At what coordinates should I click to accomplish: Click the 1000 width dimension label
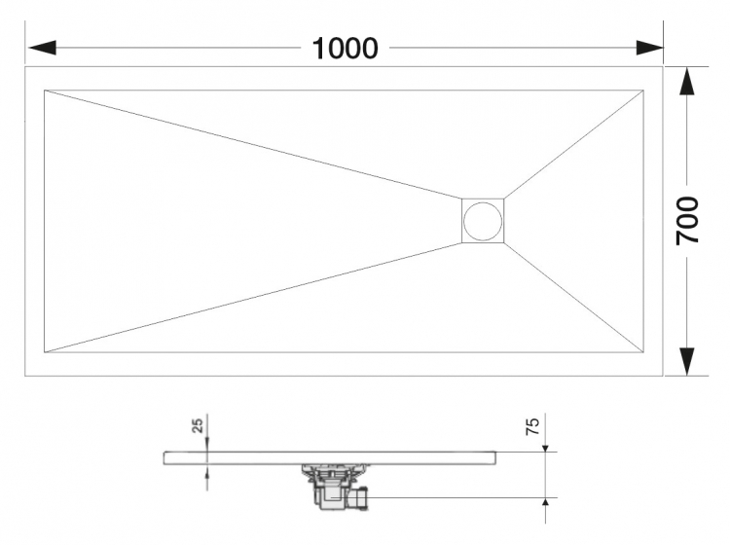[345, 49]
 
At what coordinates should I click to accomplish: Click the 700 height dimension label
[687, 221]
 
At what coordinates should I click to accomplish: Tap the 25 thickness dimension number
[198, 425]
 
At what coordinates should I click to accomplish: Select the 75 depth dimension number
[532, 426]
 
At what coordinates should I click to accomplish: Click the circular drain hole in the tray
[483, 221]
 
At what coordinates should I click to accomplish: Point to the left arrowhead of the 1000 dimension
[42, 48]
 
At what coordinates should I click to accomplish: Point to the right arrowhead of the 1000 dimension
[650, 48]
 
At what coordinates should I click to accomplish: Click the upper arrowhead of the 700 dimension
[687, 82]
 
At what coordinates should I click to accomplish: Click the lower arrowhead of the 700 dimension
[687, 361]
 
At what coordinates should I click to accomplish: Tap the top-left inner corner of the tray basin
[44, 90]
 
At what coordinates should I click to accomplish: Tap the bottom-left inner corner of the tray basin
[44, 352]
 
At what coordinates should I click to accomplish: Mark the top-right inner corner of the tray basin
[644, 90]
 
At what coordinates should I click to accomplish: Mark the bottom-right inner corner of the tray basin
[644, 352]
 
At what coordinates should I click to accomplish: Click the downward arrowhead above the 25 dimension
[207, 445]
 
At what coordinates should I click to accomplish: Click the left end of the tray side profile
[164, 458]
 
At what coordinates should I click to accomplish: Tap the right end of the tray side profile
[495, 458]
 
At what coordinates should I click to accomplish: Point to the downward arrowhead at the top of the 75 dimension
[546, 445]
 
